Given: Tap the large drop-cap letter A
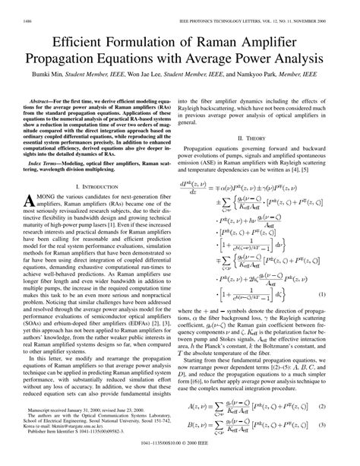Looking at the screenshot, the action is click(33, 201).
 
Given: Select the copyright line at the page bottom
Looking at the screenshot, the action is click(179, 459).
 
